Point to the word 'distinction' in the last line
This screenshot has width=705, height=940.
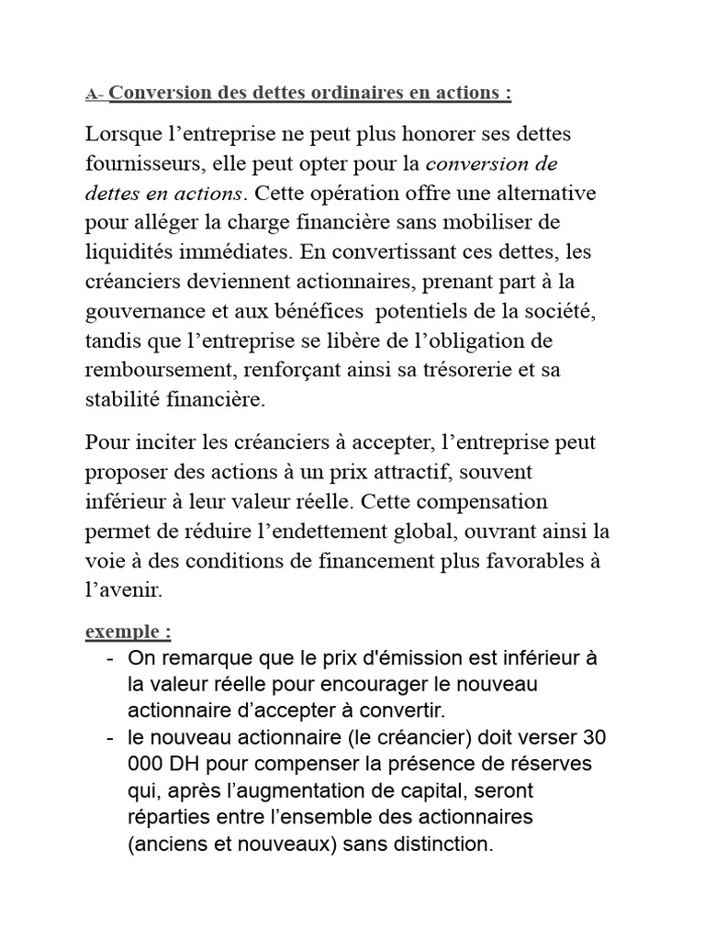440,844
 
